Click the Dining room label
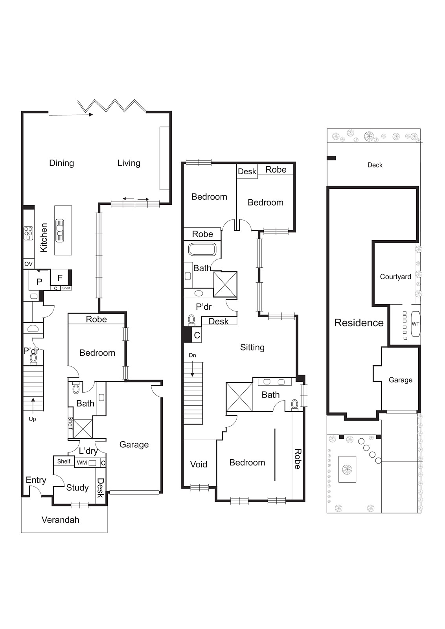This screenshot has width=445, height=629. (61, 163)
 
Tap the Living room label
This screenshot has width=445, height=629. (129, 163)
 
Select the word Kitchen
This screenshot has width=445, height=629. (44, 237)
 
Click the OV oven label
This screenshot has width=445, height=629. (28, 264)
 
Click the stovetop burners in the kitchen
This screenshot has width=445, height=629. (28, 233)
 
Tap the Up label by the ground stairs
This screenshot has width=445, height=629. (32, 419)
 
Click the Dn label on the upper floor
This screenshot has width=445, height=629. (192, 355)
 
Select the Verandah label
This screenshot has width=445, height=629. (60, 520)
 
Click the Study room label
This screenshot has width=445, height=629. (77, 487)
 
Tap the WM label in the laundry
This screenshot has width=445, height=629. (82, 462)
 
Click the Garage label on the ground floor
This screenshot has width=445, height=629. (134, 444)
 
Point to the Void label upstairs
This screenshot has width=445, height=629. (199, 464)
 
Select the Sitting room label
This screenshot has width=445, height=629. (252, 347)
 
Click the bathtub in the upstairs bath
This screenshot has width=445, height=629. (202, 250)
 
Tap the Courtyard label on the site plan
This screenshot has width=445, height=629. (395, 276)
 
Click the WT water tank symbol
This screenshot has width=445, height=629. (416, 324)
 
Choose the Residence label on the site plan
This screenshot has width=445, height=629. (359, 323)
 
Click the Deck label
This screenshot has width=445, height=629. (375, 165)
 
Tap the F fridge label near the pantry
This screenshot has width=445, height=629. (60, 278)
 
